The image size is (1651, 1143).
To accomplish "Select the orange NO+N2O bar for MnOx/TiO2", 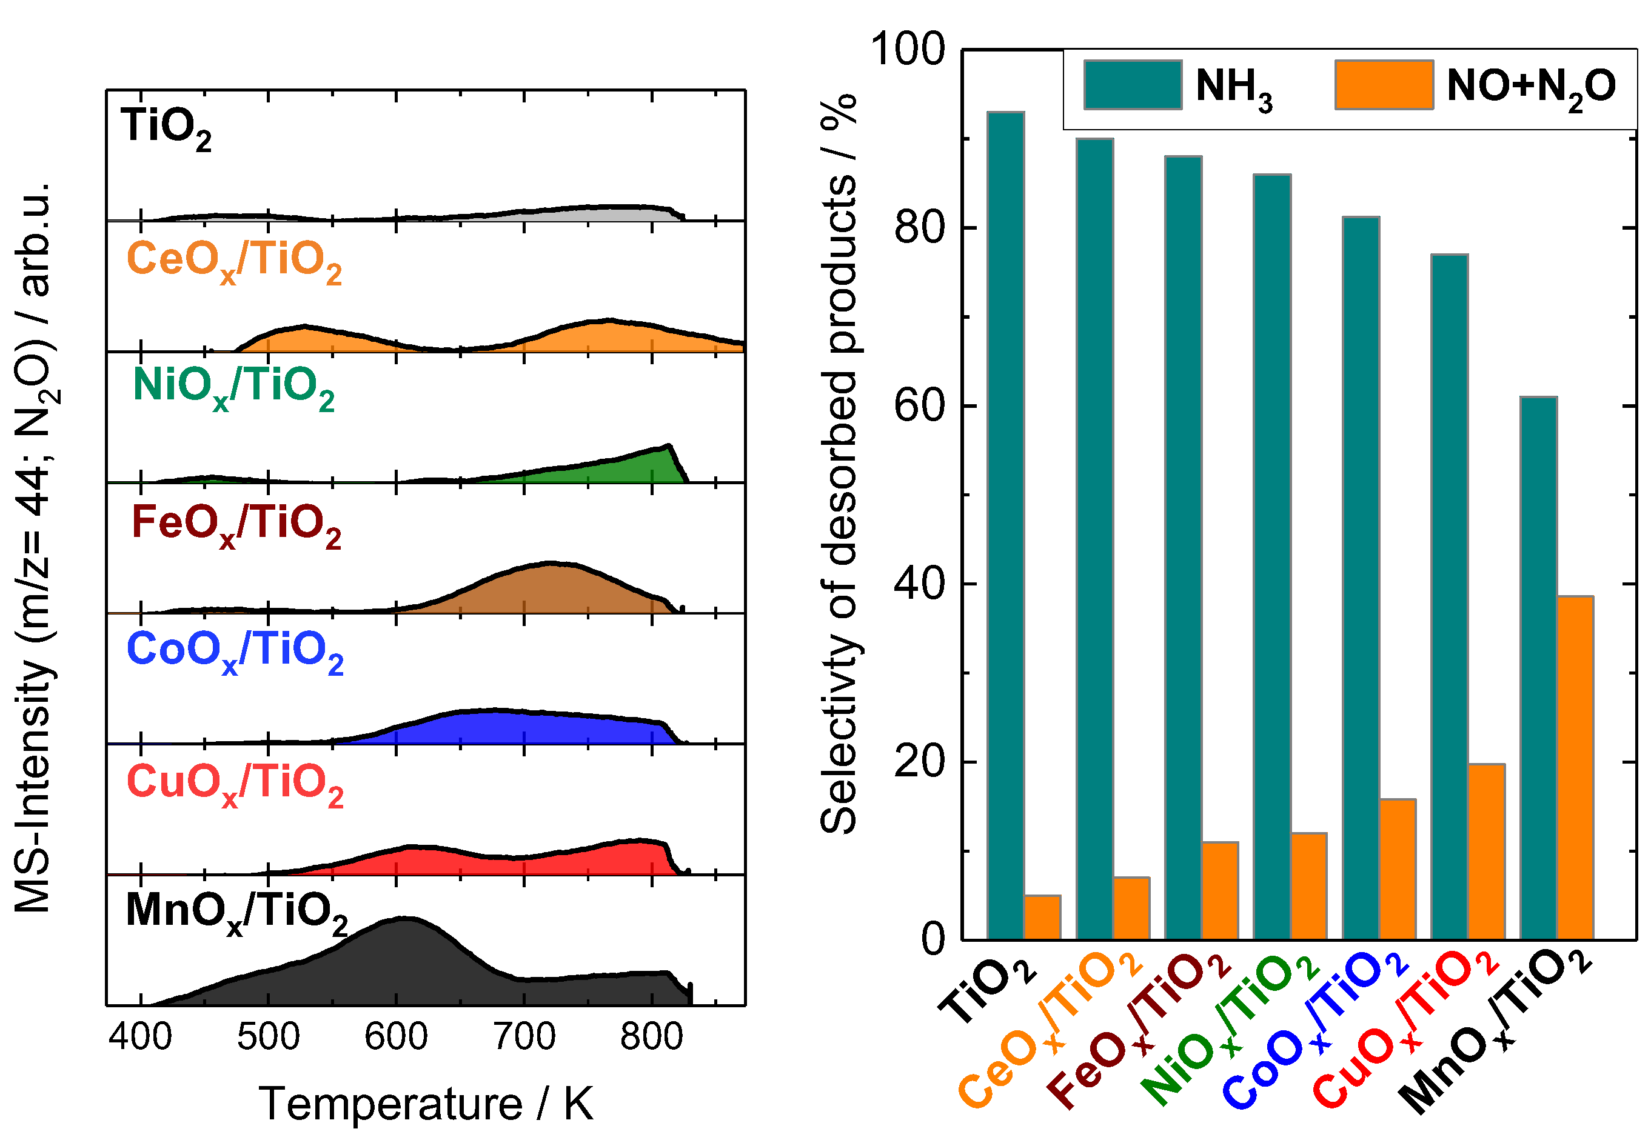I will (x=1575, y=767).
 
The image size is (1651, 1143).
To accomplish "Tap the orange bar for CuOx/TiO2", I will (x=1485, y=851).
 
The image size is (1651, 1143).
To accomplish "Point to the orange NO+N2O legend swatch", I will (x=1384, y=84).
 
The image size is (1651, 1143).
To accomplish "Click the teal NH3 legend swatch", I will (x=1133, y=84).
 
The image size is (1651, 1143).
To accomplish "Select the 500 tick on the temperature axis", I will (x=268, y=1036).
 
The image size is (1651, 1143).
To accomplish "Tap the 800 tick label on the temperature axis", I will (x=651, y=1036).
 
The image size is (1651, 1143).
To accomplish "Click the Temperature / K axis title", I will (x=426, y=1104).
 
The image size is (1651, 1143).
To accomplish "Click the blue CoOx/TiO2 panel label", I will (x=234, y=651).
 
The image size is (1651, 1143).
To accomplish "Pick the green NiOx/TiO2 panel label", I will (x=233, y=387).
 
